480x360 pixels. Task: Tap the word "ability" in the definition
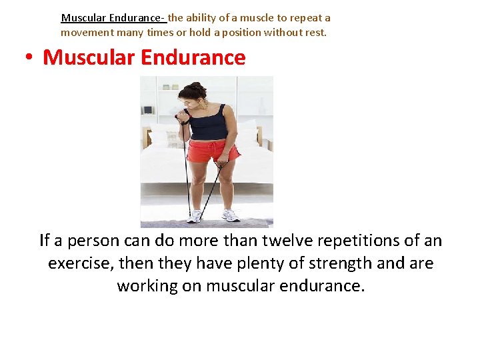(201, 18)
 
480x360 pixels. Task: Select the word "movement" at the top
(87, 32)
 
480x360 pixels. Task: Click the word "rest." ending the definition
(316, 32)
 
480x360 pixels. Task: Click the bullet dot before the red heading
(29, 58)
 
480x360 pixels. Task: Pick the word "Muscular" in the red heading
(89, 57)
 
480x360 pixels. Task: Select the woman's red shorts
(212, 151)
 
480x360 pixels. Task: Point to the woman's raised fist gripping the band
(182, 119)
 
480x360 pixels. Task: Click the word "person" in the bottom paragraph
(91, 240)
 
